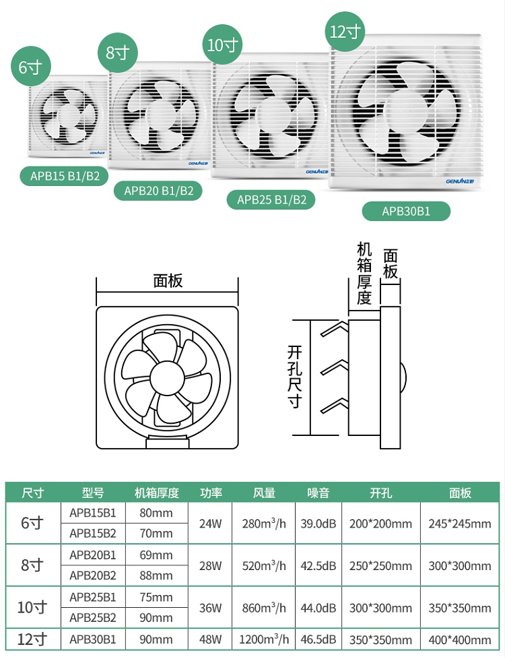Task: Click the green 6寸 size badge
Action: [30, 67]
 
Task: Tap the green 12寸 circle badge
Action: [345, 32]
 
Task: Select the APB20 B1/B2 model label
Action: [158, 191]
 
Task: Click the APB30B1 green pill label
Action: [406, 211]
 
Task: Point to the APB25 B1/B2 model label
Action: [271, 199]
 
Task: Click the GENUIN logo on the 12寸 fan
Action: [463, 181]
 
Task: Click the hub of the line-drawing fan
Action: [167, 378]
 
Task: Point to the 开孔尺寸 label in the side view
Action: [295, 377]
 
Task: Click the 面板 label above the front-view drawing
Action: [168, 281]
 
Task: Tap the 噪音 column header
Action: [318, 493]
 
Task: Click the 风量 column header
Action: [264, 493]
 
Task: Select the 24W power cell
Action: [210, 524]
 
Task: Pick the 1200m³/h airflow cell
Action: [264, 639]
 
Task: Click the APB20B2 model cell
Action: [92, 575]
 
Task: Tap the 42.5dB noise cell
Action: [318, 565]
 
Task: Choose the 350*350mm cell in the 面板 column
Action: [459, 608]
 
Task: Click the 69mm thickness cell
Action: [156, 555]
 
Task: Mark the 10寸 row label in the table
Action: [32, 607]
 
